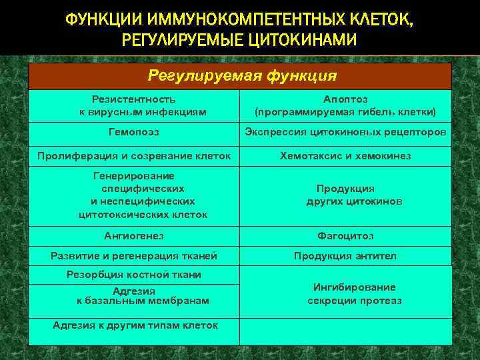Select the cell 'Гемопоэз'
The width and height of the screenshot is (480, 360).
tap(134, 132)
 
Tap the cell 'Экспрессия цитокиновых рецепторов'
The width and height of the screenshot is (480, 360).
tap(345, 132)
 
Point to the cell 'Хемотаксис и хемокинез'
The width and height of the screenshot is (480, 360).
tap(345, 156)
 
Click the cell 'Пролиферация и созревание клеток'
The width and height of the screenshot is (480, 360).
tap(134, 156)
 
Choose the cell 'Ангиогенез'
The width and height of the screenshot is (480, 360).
tap(134, 236)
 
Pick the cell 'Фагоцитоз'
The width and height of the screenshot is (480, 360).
tap(345, 236)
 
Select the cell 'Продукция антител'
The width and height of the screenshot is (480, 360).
tap(345, 256)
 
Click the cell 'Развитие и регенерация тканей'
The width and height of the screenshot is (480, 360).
tap(134, 256)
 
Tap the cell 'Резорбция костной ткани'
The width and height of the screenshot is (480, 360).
tap(134, 275)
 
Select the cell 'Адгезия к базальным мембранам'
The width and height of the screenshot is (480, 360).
tap(143, 296)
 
